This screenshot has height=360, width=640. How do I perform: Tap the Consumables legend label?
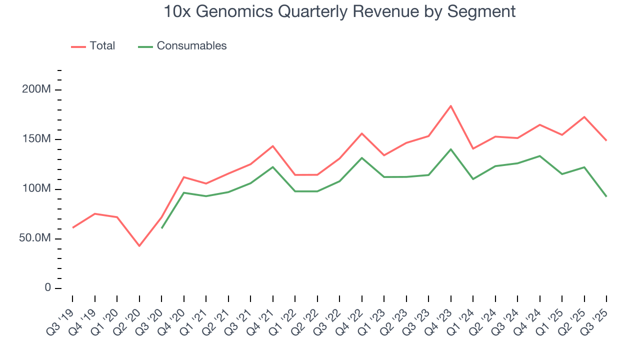click(191, 46)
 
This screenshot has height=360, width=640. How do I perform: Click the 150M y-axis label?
click(36, 139)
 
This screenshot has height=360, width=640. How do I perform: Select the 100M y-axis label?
click(36, 189)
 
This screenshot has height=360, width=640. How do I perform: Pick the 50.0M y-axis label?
click(34, 238)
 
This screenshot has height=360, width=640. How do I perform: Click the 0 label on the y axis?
click(47, 288)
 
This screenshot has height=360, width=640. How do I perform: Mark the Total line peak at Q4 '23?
click(450, 106)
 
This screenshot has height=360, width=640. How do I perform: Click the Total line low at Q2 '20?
click(139, 246)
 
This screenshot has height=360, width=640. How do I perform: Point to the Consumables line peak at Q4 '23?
click(450, 149)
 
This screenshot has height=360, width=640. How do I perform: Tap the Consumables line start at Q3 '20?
click(161, 228)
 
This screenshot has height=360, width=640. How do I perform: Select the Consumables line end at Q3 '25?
click(606, 196)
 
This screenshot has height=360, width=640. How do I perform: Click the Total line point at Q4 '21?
click(272, 146)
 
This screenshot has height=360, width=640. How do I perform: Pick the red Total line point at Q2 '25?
click(584, 117)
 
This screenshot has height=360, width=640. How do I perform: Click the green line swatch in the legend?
click(145, 46)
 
